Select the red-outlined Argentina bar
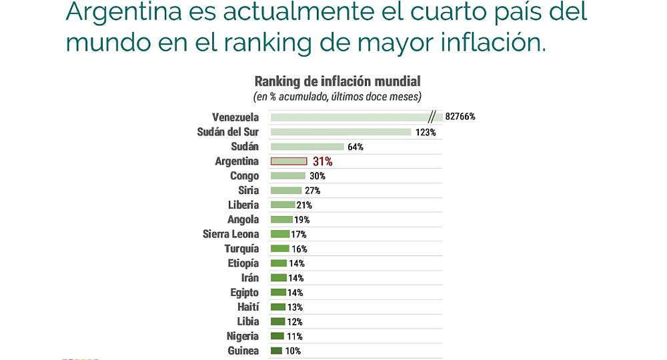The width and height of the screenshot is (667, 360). [x=288, y=161]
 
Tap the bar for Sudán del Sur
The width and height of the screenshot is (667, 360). [x=340, y=131]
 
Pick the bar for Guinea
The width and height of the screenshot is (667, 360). [x=276, y=351]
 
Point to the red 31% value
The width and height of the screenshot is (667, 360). [x=322, y=161]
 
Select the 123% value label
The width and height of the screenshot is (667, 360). [x=425, y=132]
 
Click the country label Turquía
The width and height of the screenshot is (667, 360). [x=241, y=249]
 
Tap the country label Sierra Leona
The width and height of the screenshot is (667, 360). [x=231, y=234]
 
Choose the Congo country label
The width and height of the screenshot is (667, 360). [x=244, y=176]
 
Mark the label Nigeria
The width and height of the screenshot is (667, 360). [x=243, y=336]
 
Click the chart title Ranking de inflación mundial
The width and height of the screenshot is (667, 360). [x=338, y=81]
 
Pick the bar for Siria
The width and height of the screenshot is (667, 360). [x=285, y=190]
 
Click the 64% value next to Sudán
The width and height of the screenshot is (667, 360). [x=356, y=147]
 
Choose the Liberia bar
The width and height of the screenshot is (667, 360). [x=282, y=205]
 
